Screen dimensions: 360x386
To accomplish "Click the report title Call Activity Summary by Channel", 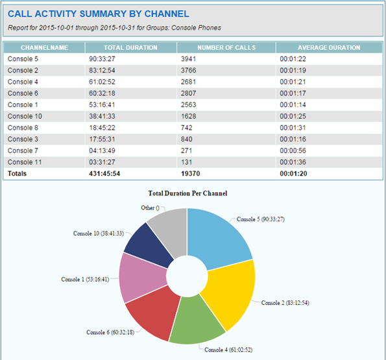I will (x=99, y=14).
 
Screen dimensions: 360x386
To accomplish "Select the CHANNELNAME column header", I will (x=44, y=48).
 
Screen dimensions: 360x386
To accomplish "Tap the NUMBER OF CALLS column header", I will (x=226, y=48).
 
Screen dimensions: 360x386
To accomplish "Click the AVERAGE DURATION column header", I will (x=329, y=48).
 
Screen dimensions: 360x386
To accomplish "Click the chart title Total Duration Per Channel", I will (x=187, y=193).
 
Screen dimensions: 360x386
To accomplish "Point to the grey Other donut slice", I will (x=169, y=224).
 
